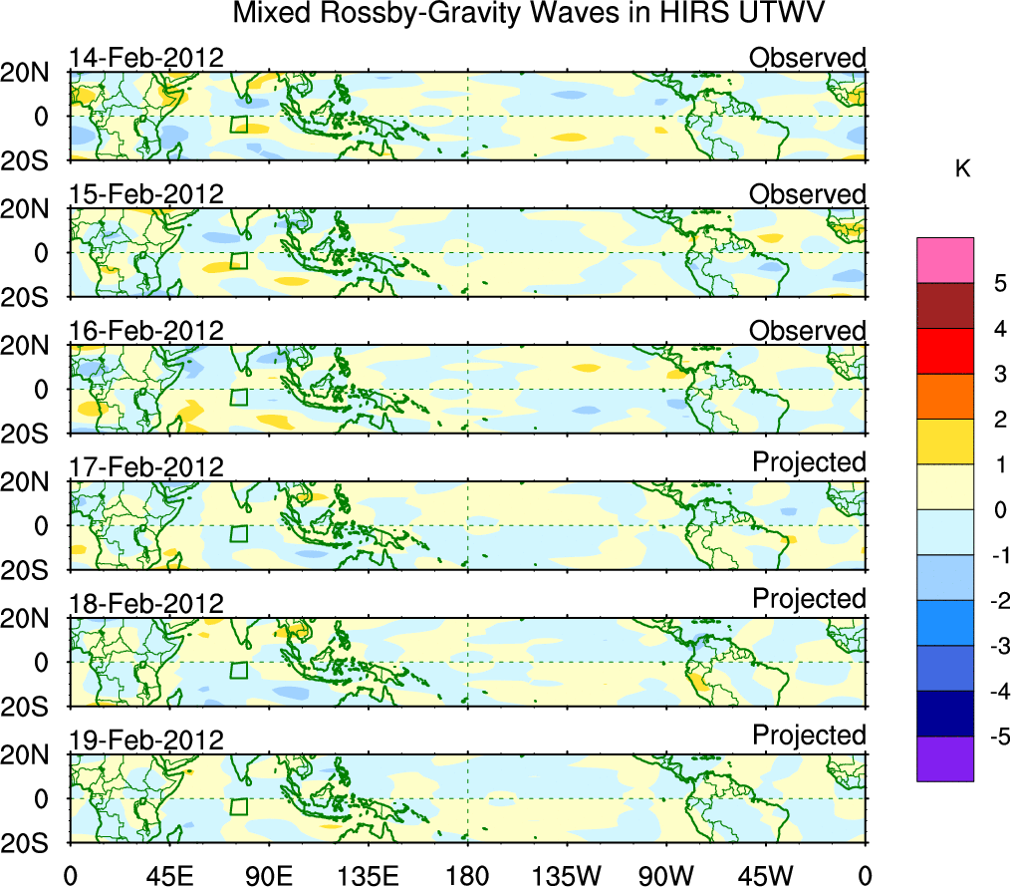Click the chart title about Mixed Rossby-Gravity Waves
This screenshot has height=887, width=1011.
coord(529,14)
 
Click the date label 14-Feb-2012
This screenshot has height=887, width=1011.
coord(145,58)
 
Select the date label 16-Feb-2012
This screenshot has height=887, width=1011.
coord(145,331)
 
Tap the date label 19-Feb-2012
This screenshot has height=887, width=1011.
coord(145,740)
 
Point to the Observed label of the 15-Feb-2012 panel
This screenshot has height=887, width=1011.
coord(807,194)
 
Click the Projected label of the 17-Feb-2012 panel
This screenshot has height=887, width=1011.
coord(809,461)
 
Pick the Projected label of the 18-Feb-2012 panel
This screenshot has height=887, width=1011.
coord(809,598)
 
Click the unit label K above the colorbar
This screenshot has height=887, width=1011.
coord(962,169)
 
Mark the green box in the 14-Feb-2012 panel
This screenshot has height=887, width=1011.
coord(238,125)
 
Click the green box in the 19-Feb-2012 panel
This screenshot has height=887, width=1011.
coord(238,807)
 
